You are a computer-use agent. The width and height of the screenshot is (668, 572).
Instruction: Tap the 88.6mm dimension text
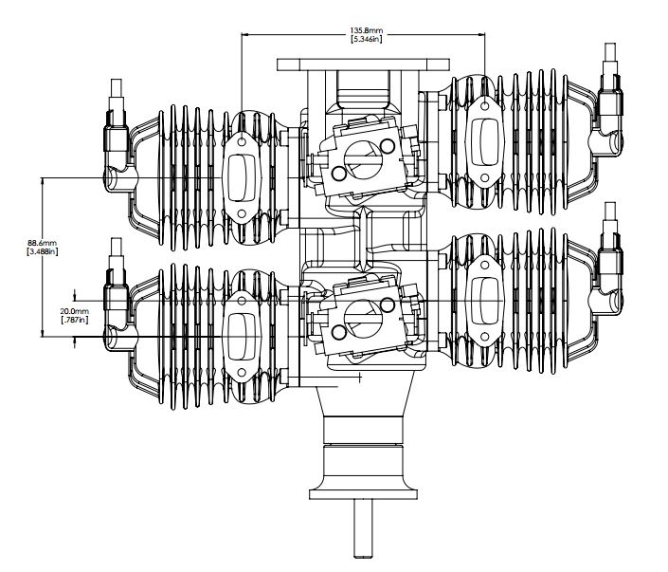tap(43, 243)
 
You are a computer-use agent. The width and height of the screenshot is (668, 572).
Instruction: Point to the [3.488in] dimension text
tap(43, 251)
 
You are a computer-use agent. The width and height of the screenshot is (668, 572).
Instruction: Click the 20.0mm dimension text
tap(75, 312)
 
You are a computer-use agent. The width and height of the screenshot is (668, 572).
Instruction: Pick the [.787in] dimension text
tap(75, 320)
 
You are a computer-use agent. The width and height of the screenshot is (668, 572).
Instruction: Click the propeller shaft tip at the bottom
tap(364, 555)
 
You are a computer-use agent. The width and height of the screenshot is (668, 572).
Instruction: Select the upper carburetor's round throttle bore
tap(360, 157)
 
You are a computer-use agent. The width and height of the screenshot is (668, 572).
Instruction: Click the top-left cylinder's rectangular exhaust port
tap(242, 178)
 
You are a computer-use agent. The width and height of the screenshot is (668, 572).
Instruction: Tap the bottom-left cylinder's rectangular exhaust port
tap(242, 337)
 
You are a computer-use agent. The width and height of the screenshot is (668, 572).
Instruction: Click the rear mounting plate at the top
tap(364, 65)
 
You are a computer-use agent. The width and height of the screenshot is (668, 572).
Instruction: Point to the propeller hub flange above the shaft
tap(364, 494)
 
